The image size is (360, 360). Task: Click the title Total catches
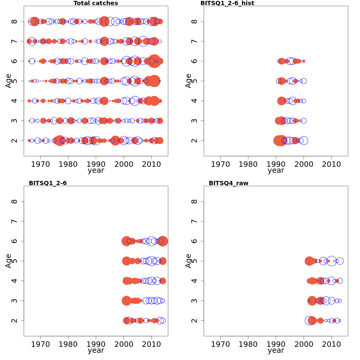[x=96, y=3]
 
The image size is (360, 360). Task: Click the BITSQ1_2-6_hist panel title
[x=227, y=3]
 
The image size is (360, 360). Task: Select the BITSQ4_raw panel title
[x=228, y=183]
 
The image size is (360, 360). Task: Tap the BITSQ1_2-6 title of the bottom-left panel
[x=47, y=183]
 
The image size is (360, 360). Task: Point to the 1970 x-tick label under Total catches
[x=40, y=164]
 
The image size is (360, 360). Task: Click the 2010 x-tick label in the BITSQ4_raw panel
[x=331, y=344]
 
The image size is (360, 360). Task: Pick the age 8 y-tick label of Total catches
[x=14, y=21]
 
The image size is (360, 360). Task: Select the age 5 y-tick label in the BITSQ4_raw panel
[x=194, y=261]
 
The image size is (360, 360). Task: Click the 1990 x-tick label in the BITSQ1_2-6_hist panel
[x=276, y=164]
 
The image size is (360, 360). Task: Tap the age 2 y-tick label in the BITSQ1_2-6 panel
[x=14, y=320]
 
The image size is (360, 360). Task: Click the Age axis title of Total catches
[x=8, y=81]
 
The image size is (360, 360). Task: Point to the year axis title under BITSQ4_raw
[x=276, y=350]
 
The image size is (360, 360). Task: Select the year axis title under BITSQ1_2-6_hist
[x=276, y=170]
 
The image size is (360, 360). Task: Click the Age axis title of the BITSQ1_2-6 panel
[x=8, y=261]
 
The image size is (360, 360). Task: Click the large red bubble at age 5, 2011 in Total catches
[x=154, y=81]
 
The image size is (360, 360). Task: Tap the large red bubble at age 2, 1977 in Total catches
[x=60, y=140]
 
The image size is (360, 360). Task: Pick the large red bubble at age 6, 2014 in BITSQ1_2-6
[x=163, y=241]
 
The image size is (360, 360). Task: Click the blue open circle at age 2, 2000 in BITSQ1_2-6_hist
[x=304, y=140]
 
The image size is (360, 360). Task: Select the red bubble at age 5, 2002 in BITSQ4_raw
[x=309, y=261]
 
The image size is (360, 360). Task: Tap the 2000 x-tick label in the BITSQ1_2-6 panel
[x=124, y=344]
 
